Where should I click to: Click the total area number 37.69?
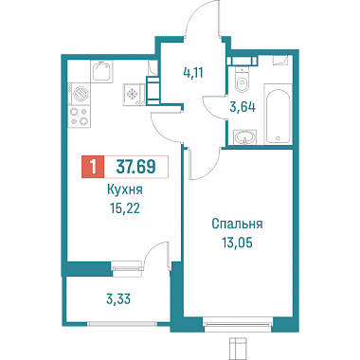135,167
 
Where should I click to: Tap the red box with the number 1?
93,167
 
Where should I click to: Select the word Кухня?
125,190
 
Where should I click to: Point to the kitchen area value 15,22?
125,208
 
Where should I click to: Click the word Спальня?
237,224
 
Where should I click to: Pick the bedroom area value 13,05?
237,243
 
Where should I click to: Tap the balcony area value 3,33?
118,298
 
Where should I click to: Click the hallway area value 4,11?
192,73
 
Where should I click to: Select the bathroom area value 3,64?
243,107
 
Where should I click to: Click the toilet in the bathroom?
243,81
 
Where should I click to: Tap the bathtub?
278,114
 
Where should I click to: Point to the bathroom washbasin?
244,137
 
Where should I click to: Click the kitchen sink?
101,71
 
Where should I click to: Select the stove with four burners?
80,116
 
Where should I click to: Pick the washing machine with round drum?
80,94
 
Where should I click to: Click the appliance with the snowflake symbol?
135,94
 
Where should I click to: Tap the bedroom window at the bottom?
238,323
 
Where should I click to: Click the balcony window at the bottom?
122,323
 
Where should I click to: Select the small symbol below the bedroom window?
237,348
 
